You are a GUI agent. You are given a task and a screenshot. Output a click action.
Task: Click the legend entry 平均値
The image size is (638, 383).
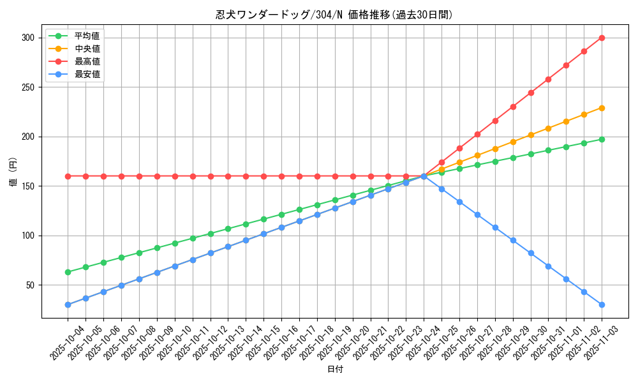[87, 36]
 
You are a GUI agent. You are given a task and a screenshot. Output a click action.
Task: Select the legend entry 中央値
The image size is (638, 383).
[87, 49]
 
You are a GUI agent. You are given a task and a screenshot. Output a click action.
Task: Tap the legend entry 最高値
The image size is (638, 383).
[87, 61]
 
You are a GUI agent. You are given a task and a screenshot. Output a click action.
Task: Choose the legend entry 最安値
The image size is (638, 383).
[87, 74]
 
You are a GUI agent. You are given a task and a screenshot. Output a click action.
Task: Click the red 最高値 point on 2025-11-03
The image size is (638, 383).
[602, 38]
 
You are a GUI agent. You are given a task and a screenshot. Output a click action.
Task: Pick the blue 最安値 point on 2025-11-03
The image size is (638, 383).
[602, 304]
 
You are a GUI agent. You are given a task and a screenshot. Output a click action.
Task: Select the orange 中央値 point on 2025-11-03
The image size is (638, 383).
[602, 108]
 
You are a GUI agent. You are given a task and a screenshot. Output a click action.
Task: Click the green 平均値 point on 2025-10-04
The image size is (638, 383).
[68, 272]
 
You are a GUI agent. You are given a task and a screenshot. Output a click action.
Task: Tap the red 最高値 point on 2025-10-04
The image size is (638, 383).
[68, 176]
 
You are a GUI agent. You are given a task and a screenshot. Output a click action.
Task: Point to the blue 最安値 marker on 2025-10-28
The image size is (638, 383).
[495, 227]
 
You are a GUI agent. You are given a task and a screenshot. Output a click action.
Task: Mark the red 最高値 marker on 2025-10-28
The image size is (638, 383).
[495, 121]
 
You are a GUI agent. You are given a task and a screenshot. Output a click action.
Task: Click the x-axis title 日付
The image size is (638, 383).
[334, 370]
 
